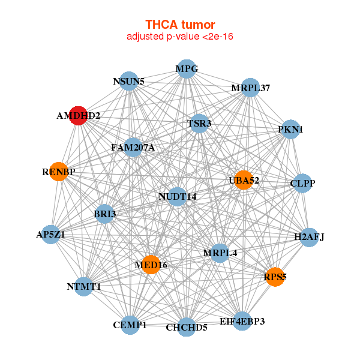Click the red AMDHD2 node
(x=78, y=116)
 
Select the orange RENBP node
(x=58, y=172)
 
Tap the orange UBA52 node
(x=243, y=181)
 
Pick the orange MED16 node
(x=151, y=265)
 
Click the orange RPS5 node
(x=275, y=277)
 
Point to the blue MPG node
(x=186, y=69)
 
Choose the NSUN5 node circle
(x=129, y=81)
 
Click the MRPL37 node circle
(x=250, y=88)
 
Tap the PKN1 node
(x=290, y=130)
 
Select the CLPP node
(x=302, y=183)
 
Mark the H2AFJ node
(x=308, y=237)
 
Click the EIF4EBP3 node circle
(x=242, y=322)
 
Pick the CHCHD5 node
(x=187, y=327)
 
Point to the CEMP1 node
(x=130, y=325)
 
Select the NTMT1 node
(x=83, y=287)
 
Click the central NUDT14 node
(x=177, y=196)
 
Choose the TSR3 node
(x=198, y=124)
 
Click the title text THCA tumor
(x=180, y=25)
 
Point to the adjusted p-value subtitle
(x=180, y=37)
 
